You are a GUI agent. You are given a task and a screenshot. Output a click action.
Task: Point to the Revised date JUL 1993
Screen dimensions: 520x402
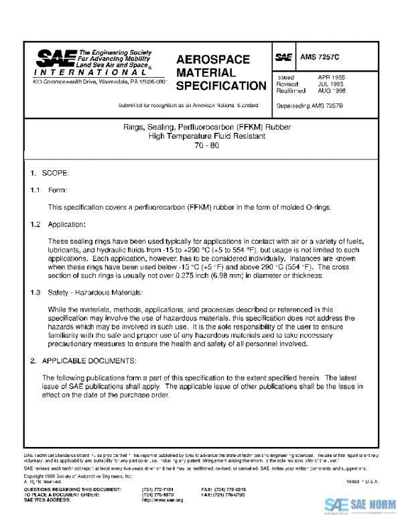[x=332, y=84]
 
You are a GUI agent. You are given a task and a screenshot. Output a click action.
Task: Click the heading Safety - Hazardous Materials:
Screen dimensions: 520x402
[x=92, y=292]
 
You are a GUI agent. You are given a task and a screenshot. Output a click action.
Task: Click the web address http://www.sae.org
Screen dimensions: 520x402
[x=161, y=500]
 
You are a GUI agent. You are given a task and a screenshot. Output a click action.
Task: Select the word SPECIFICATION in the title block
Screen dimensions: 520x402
[x=221, y=86]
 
